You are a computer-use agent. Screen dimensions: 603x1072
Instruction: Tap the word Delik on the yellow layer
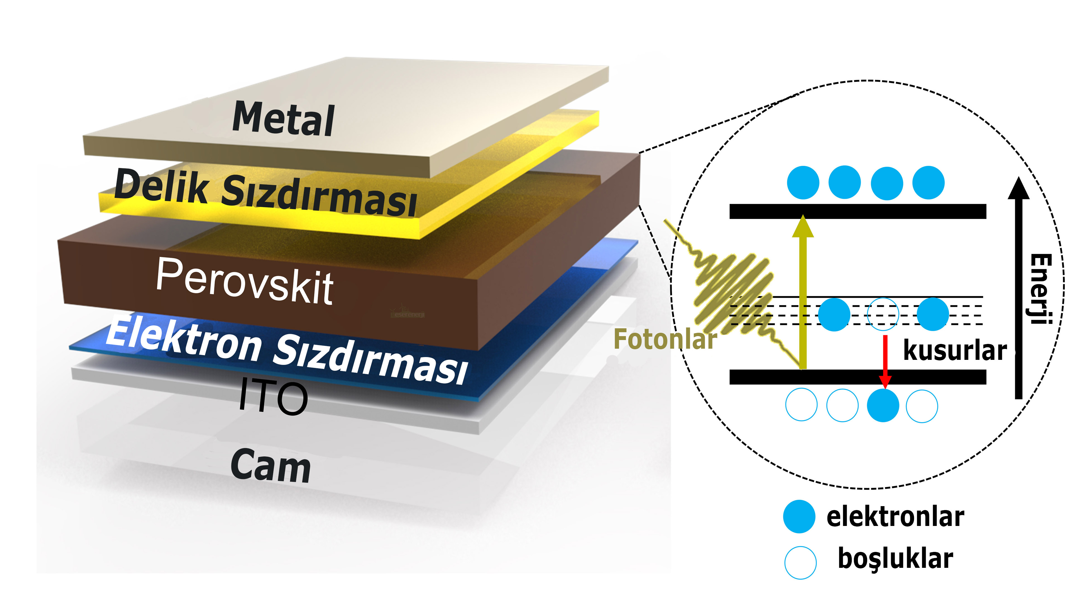point(161,187)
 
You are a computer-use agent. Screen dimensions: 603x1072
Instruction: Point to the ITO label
point(273,398)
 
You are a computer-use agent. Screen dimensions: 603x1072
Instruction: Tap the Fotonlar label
point(665,339)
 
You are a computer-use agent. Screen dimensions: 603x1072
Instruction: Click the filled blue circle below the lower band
point(883,405)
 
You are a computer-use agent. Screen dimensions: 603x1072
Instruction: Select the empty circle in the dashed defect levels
point(883,314)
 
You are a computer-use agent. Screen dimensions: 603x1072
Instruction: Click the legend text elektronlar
point(895,517)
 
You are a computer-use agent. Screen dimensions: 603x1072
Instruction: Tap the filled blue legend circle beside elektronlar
point(799,517)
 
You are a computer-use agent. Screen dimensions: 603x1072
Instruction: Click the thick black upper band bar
point(857,211)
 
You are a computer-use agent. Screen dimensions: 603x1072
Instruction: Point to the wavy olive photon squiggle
point(733,291)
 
